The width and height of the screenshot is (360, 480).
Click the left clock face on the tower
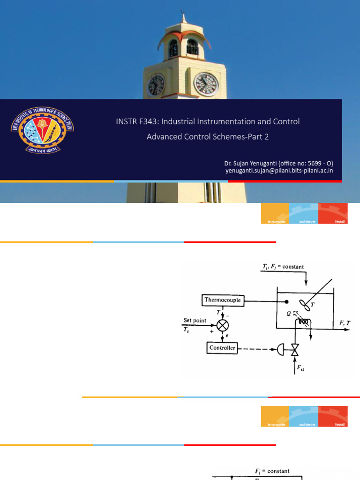tap(156, 85)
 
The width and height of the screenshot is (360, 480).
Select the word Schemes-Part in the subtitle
tap(238, 137)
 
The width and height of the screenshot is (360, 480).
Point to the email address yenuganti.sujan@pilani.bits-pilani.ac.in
tap(279, 171)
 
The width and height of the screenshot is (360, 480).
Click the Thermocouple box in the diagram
tap(223, 300)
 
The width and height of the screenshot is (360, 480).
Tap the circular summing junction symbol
tap(222, 324)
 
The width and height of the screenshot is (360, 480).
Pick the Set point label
tap(195, 321)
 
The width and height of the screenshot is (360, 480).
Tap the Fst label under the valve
tap(300, 368)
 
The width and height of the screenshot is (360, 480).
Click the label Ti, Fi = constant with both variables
tap(283, 267)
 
